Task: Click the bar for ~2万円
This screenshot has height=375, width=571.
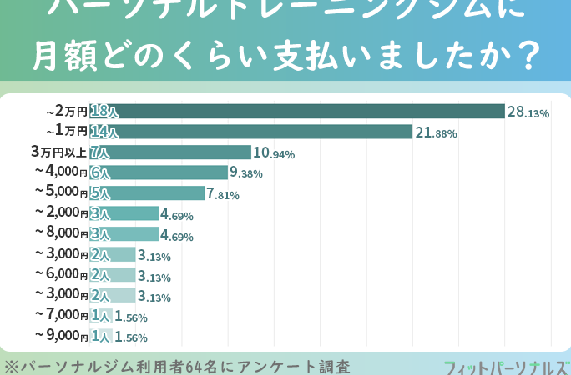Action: click(x=296, y=111)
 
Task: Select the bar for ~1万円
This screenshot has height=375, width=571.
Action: click(x=250, y=132)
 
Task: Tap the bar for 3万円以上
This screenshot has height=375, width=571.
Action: click(x=170, y=152)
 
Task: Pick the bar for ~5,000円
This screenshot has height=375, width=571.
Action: click(x=147, y=193)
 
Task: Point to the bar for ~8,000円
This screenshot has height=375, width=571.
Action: click(x=124, y=233)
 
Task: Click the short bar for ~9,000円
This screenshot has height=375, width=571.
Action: click(x=101, y=336)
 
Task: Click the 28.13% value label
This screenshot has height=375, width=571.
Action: click(x=528, y=112)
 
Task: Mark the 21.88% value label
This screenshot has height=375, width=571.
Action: click(x=436, y=132)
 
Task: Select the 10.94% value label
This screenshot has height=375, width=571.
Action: click(x=274, y=153)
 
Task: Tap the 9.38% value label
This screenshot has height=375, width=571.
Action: click(x=246, y=173)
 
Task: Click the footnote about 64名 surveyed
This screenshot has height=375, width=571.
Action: click(x=176, y=366)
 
